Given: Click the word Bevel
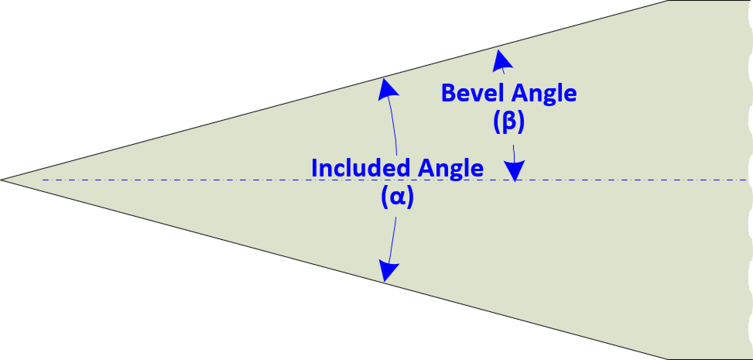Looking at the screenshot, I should click(472, 94).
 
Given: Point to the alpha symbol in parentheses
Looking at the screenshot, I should click(397, 198).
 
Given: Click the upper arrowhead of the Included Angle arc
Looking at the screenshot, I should click(387, 88).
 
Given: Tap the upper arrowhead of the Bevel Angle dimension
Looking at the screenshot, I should click(501, 60).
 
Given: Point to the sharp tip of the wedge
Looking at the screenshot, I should click(3, 180).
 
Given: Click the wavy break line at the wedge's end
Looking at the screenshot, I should click(750, 180).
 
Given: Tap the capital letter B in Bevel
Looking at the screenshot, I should click(448, 94).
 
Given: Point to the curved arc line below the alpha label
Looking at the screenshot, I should click(392, 240).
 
